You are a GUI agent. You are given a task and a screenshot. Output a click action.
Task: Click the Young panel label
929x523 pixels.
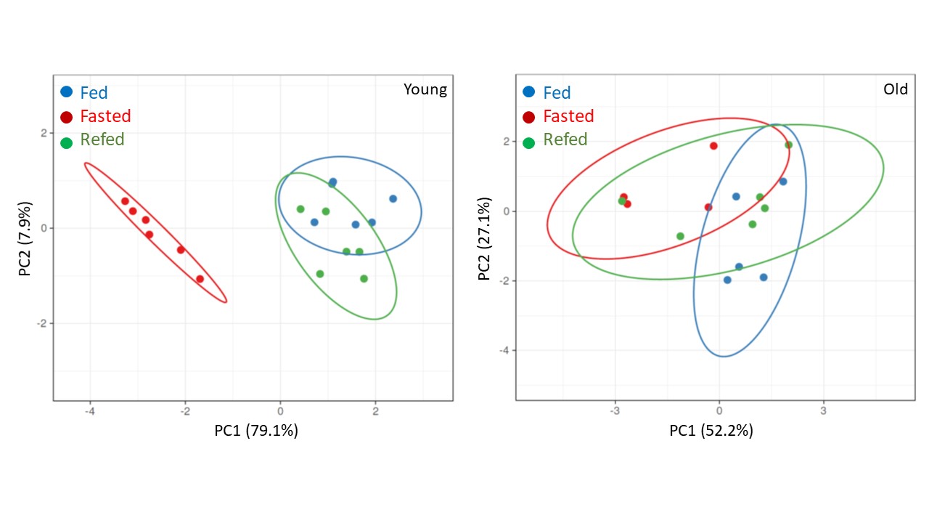pyautogui.click(x=425, y=90)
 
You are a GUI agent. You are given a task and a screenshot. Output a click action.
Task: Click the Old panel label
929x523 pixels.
pyautogui.click(x=895, y=89)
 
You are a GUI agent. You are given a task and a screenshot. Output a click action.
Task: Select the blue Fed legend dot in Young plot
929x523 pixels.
pyautogui.click(x=67, y=92)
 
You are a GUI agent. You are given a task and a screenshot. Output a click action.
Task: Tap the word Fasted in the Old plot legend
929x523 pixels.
pyautogui.click(x=568, y=116)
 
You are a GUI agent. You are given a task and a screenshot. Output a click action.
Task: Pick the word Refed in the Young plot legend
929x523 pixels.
pyautogui.click(x=102, y=139)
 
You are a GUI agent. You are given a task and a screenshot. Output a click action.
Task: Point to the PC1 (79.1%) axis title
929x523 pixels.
pyautogui.click(x=256, y=431)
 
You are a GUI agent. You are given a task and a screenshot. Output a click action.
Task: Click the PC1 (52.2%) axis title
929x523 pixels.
pyautogui.click(x=711, y=431)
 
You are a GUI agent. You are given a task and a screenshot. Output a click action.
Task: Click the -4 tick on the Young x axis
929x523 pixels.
pyautogui.click(x=89, y=412)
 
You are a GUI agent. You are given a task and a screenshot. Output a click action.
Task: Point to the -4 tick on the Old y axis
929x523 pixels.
pyautogui.click(x=502, y=350)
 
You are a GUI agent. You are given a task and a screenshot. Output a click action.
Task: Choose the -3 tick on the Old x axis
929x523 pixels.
pyautogui.click(x=615, y=411)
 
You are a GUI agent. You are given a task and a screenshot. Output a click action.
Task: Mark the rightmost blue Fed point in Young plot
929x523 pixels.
pyautogui.click(x=393, y=198)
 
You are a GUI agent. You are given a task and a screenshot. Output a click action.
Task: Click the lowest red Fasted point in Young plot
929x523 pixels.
pyautogui.click(x=200, y=279)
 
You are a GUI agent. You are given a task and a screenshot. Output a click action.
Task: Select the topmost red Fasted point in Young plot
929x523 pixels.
pyautogui.click(x=125, y=201)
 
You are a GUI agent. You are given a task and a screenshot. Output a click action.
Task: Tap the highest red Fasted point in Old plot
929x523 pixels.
pyautogui.click(x=713, y=146)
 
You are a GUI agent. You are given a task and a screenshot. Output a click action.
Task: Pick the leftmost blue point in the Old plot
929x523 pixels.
pyautogui.click(x=727, y=280)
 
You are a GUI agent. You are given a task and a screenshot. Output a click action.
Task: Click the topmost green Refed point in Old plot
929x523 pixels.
pyautogui.click(x=789, y=145)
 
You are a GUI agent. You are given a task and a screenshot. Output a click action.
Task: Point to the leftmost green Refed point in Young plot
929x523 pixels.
pyautogui.click(x=300, y=209)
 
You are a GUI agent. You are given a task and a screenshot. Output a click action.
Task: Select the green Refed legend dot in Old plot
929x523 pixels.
pyautogui.click(x=529, y=142)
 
